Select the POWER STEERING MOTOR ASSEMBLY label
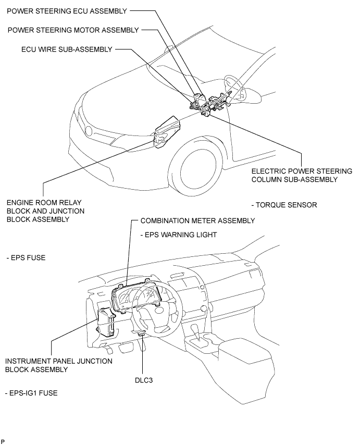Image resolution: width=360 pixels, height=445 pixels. (73, 30)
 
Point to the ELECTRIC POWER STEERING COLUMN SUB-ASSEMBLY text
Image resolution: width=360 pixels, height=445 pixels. (302, 175)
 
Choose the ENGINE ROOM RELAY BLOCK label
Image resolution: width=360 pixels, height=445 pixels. (45, 211)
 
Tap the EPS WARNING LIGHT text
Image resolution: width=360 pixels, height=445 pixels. (179, 235)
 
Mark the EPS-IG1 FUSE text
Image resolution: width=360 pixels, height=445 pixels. (31, 393)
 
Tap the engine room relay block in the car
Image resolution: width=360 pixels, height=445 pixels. (166, 132)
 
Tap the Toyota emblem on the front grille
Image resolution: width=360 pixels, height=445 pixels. (89, 131)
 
